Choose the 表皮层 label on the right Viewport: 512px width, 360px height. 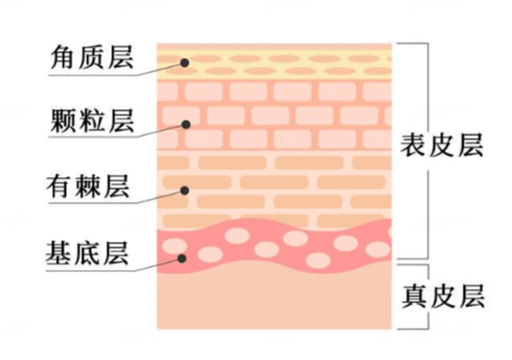click(x=442, y=147)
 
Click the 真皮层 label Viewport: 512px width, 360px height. click(x=442, y=295)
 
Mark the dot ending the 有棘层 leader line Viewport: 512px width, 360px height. click(x=182, y=190)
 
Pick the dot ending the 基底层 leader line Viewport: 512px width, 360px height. click(x=182, y=257)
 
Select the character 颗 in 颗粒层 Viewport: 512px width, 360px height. click(x=62, y=122)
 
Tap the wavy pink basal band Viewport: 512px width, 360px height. click(x=290, y=247)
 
